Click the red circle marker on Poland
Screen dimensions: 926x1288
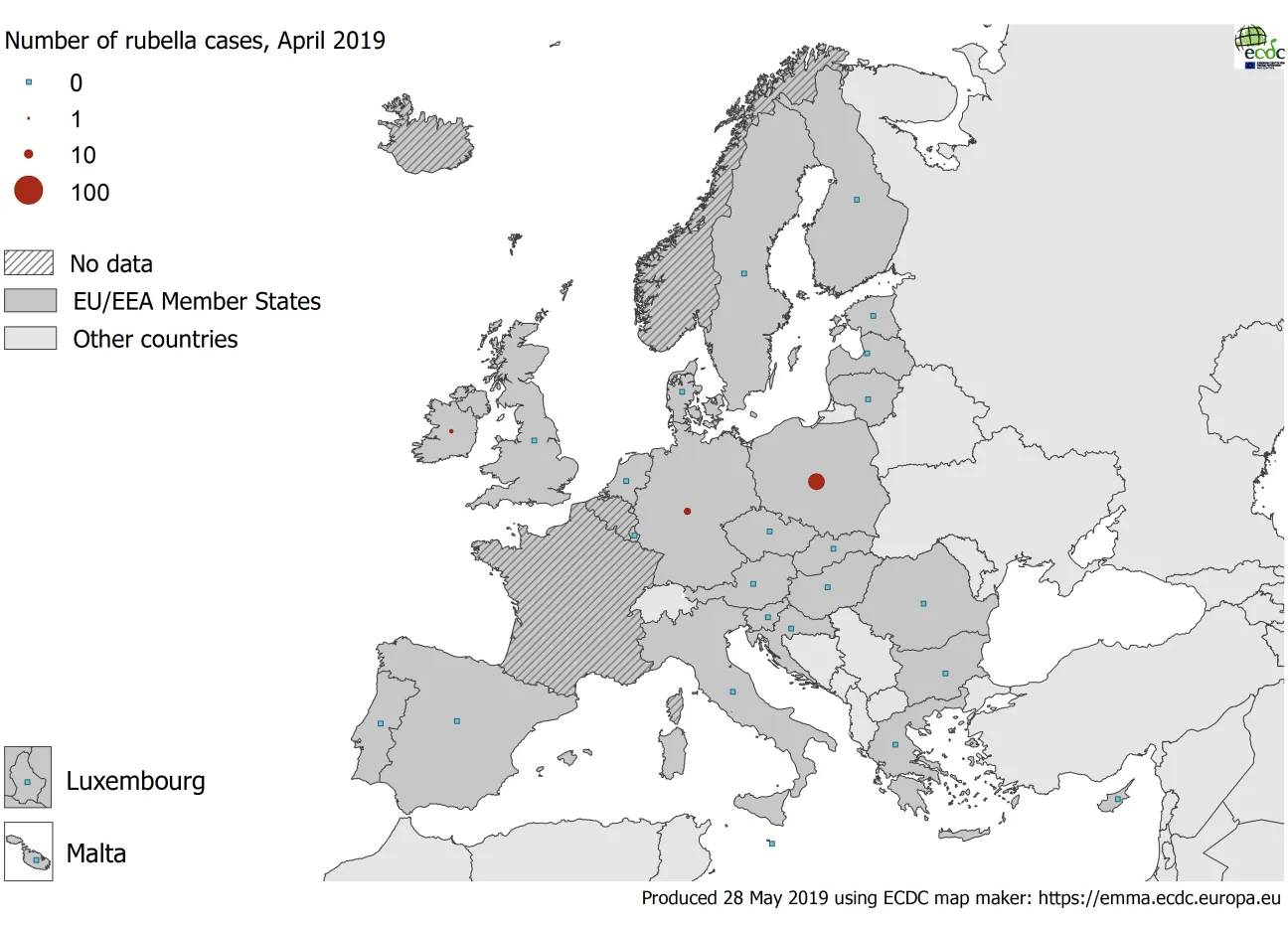click(816, 482)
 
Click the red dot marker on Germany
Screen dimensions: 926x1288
click(687, 512)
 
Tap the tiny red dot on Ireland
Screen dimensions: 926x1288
click(450, 431)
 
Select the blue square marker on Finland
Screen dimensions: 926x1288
click(857, 200)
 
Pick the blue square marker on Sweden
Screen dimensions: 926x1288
click(743, 273)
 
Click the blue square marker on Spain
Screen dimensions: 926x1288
click(457, 721)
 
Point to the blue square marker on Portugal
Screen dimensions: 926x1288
click(381, 723)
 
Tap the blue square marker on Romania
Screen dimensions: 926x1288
click(923, 603)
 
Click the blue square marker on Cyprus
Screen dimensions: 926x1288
click(1117, 799)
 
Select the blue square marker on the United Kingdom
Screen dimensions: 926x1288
click(534, 440)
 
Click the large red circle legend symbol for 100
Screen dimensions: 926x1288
click(29, 191)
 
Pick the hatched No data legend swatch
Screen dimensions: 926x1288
click(29, 263)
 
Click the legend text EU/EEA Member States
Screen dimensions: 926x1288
click(197, 301)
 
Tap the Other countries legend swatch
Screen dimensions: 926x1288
click(30, 339)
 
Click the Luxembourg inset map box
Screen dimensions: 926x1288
click(28, 777)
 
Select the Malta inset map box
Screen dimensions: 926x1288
click(28, 851)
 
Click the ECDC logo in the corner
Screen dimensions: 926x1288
click(1259, 46)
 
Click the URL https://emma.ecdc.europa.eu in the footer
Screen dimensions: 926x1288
click(1160, 898)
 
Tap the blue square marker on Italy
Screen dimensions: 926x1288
click(732, 693)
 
